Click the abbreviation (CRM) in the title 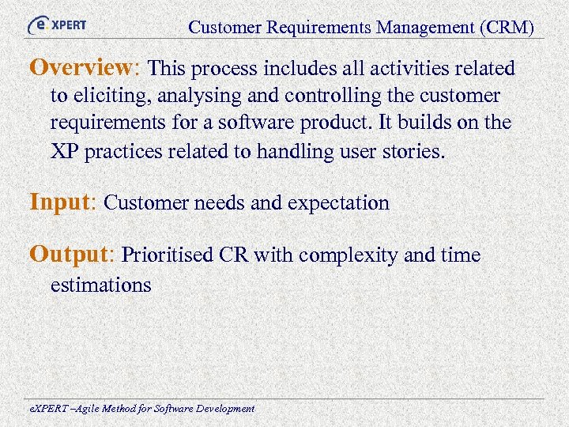[506, 28]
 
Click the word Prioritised [168, 256]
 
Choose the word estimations [100, 285]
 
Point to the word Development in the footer [224, 409]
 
